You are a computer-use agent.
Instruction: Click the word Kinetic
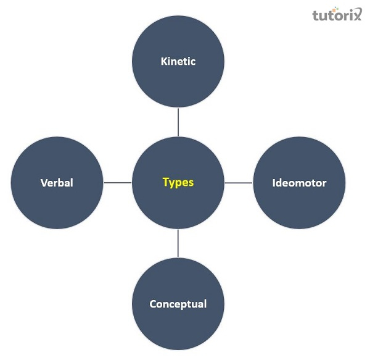click(x=178, y=61)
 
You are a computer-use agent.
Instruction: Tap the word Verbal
click(x=57, y=183)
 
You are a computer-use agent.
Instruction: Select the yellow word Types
click(x=178, y=182)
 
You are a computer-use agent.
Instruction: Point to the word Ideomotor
click(x=299, y=183)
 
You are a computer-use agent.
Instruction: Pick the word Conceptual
click(x=178, y=304)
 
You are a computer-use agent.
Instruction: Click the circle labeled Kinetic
click(x=178, y=80)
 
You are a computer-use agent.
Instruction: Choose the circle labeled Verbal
click(x=57, y=204)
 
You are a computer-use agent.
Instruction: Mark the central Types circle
click(x=178, y=204)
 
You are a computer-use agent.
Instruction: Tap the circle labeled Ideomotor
click(x=299, y=204)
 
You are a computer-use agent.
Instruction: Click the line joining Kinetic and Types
click(x=178, y=122)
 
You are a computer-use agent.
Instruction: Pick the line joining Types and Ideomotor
click(x=239, y=183)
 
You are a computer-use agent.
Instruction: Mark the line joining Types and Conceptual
click(x=178, y=243)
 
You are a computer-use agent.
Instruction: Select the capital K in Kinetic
click(x=164, y=61)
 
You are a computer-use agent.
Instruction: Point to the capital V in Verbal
click(x=44, y=183)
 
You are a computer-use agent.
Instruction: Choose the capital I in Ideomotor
click(x=274, y=183)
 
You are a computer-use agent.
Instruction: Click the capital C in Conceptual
click(x=153, y=304)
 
